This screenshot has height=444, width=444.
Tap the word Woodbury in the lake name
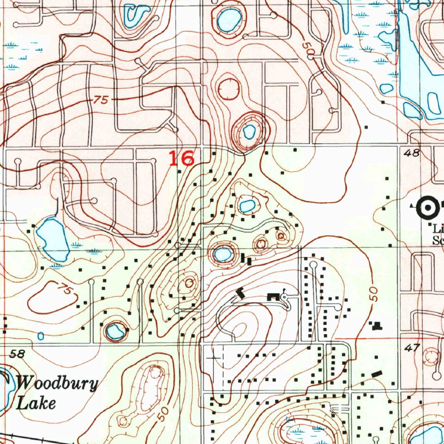click(x=58, y=384)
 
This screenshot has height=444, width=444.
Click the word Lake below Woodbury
click(x=36, y=403)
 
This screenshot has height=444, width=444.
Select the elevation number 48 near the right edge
click(x=414, y=153)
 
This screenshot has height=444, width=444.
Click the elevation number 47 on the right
click(x=414, y=347)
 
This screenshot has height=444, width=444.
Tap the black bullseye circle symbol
click(x=428, y=208)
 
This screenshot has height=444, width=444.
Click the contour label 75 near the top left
click(x=100, y=100)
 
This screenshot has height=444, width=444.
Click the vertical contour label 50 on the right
click(x=374, y=294)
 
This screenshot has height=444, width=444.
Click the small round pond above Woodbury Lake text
click(x=114, y=332)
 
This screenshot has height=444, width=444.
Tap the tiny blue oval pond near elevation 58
click(x=41, y=336)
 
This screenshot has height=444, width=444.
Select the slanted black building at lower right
click(x=377, y=373)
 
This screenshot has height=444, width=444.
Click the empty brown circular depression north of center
click(x=229, y=90)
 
